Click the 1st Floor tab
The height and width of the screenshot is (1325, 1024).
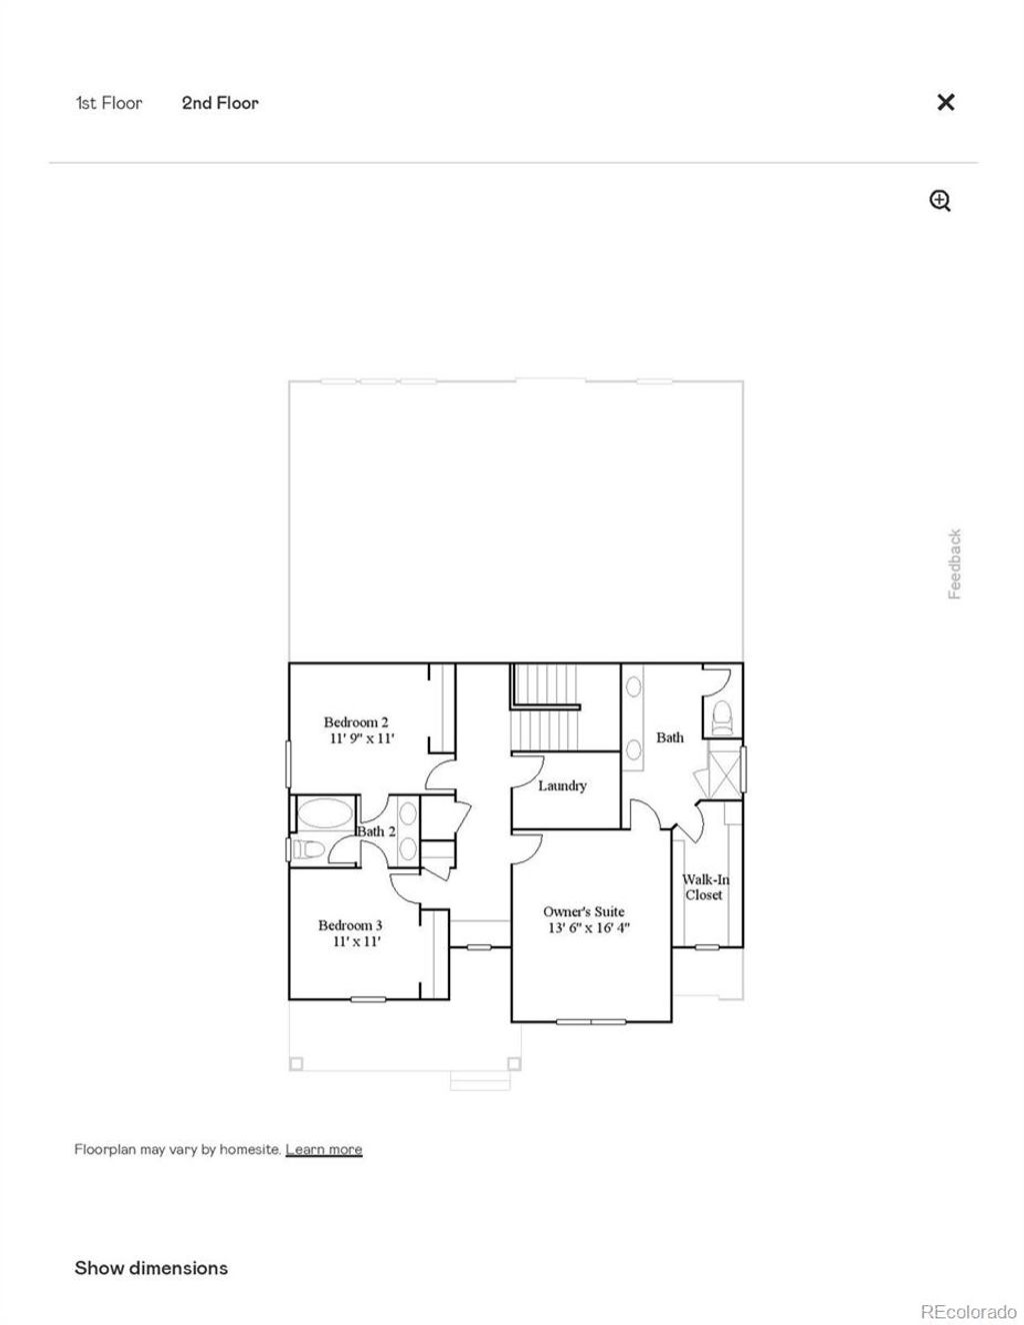coord(109,103)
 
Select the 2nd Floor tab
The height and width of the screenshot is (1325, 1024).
coord(220,103)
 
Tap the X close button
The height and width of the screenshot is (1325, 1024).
coord(945,102)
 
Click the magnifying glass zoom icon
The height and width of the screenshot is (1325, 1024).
coord(940,201)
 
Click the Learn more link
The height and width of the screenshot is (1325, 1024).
coord(324,1149)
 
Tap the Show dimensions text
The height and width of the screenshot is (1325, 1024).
coord(151,1268)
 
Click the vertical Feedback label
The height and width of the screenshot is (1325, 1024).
coord(954,565)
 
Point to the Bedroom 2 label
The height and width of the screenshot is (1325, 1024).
coord(356,722)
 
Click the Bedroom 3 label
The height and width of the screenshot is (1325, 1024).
coord(350,925)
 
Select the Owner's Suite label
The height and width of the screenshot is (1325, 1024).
coord(584,911)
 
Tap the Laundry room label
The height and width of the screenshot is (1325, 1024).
coord(562,786)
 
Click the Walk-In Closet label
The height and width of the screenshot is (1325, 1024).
coord(705,887)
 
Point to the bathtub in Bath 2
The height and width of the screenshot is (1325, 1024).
coord(325,814)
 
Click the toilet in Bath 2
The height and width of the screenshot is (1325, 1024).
coord(309,850)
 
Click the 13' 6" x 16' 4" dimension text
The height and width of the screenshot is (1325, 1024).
coord(588,928)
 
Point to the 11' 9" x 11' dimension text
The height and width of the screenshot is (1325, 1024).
coord(362,739)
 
